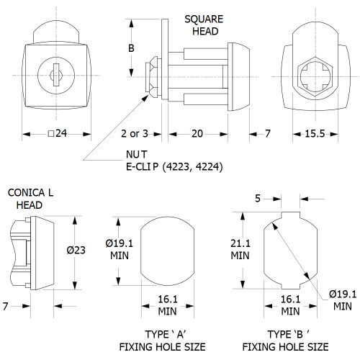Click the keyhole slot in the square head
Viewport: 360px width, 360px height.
pyautogui.click(x=56, y=75)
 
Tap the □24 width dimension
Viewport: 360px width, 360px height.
pyautogui.click(x=58, y=133)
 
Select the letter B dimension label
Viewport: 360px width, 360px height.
pyautogui.click(x=131, y=48)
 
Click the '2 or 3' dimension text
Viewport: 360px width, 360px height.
pyautogui.click(x=135, y=134)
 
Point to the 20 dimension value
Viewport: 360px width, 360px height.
pyautogui.click(x=197, y=134)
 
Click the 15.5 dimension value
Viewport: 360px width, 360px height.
pyautogui.click(x=315, y=134)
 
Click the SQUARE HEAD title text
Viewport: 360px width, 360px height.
pyautogui.click(x=204, y=25)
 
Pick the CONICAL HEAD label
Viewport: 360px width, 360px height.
pyautogui.click(x=30, y=199)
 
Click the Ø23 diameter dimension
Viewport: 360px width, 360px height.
pyautogui.click(x=76, y=250)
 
